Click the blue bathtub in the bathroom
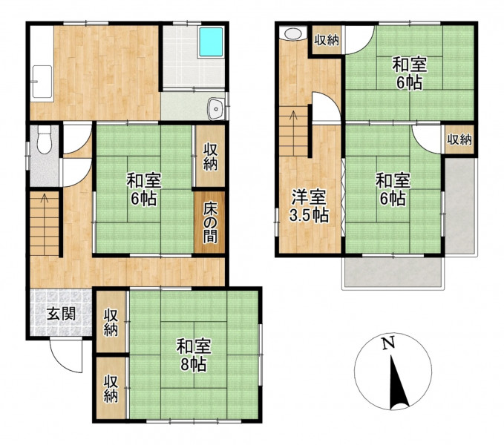211,42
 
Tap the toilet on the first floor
44,139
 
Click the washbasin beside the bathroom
215,109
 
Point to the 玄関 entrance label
62,314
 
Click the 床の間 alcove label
210,223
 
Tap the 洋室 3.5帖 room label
309,206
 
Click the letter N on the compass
388,344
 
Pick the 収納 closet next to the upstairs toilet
327,40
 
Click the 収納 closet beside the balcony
459,139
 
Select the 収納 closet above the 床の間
210,156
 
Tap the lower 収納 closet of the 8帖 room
111,388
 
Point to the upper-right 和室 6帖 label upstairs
409,73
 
